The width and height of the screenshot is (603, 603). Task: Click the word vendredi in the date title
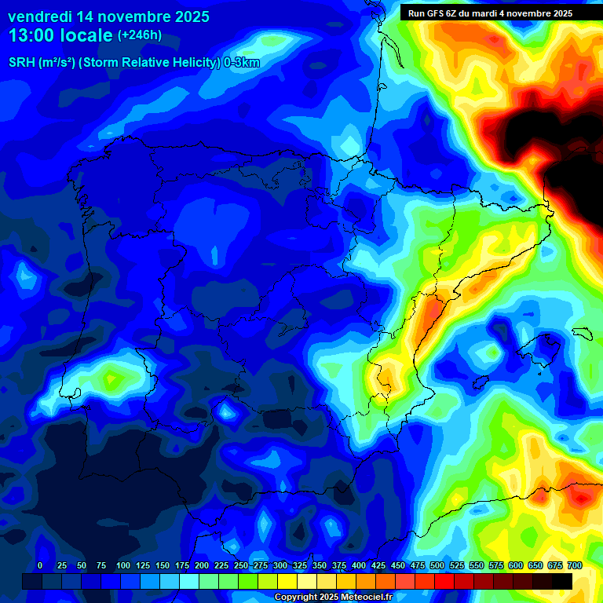(x=41, y=16)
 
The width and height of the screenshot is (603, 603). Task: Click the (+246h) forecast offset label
(x=139, y=35)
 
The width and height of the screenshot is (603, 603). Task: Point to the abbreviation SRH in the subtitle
(x=22, y=63)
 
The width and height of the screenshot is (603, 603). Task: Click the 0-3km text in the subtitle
(x=241, y=63)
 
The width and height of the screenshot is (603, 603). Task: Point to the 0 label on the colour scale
(x=40, y=566)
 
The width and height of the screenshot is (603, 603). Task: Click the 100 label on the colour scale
(x=123, y=566)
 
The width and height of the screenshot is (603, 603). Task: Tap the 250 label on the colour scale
(x=241, y=566)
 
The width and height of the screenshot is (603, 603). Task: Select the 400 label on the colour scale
(x=359, y=566)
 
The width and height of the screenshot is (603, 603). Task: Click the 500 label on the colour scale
(x=437, y=566)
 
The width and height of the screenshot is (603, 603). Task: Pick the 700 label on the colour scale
(x=575, y=566)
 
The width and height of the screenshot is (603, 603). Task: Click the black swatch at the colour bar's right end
(x=562, y=581)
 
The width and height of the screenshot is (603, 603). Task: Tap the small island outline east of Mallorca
(x=582, y=333)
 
